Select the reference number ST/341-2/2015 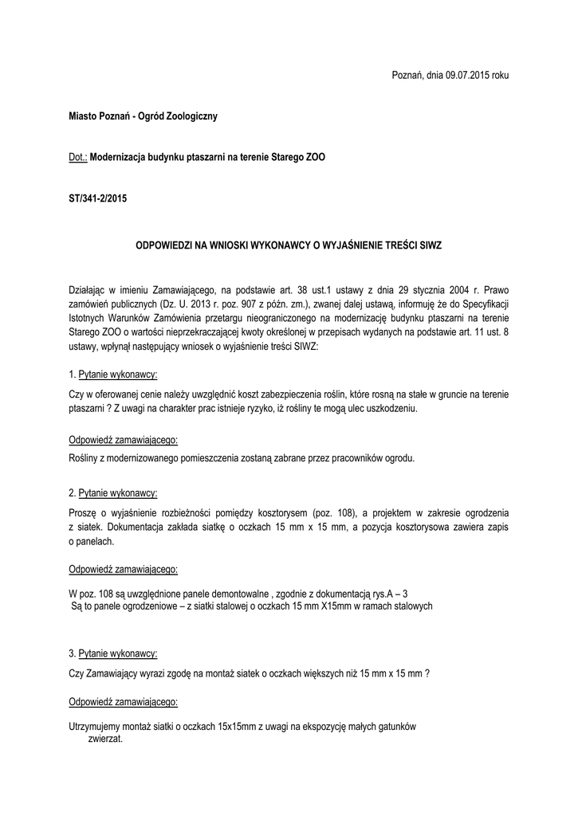tap(98, 198)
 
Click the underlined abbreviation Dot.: tap(78, 158)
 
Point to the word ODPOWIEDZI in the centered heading tap(167, 246)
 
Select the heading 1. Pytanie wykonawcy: tap(113, 374)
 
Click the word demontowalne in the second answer tap(238, 592)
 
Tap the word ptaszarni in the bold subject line tap(210, 158)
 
